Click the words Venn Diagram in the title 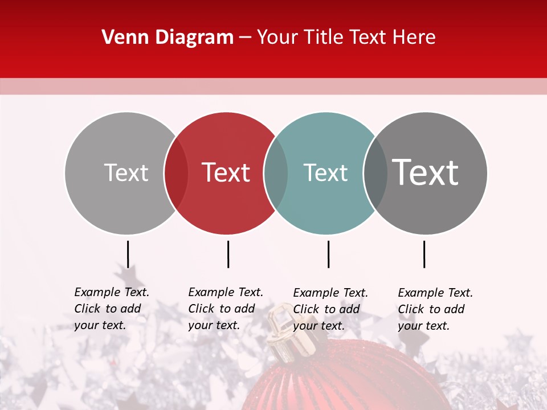[168, 38]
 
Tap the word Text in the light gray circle [126, 173]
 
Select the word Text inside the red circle [226, 173]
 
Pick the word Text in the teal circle [325, 173]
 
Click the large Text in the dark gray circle [426, 172]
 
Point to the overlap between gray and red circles [176, 173]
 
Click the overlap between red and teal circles [276, 173]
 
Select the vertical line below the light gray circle [128, 254]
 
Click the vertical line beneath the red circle [228, 254]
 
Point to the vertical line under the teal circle [328, 254]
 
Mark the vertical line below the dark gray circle [424, 254]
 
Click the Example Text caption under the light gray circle [112, 309]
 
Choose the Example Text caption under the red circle [226, 309]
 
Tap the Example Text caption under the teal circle [330, 309]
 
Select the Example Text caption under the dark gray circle [435, 309]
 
